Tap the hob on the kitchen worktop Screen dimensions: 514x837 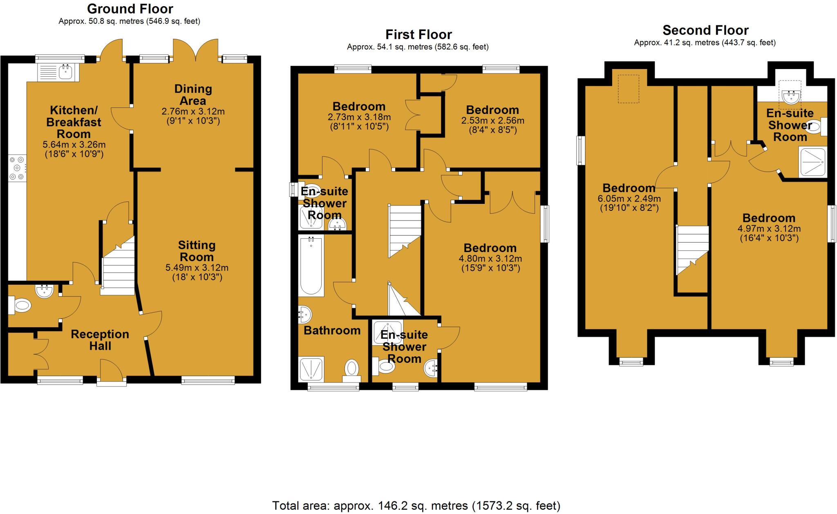point(17,168)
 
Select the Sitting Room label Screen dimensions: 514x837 point(197,251)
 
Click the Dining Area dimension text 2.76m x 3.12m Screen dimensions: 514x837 point(193,112)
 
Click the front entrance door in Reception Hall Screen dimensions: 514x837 point(111,372)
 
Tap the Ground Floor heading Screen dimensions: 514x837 point(130,9)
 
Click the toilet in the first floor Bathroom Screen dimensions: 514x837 point(351,368)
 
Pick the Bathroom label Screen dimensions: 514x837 point(332,330)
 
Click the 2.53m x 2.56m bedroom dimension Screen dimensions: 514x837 point(492,121)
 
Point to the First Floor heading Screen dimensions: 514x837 point(418,34)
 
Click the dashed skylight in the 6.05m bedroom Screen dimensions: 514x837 point(628,89)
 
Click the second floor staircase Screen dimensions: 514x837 point(692,249)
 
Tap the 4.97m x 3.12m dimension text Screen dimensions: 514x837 point(769,229)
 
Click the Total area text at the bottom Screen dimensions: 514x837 point(416,506)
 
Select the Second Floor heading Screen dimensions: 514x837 point(705,30)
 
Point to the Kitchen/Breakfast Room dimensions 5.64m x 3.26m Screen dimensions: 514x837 point(74,145)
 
